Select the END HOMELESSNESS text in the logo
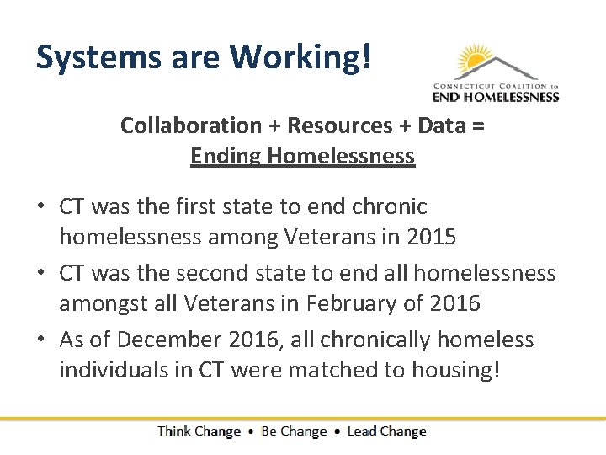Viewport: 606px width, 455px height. (496, 97)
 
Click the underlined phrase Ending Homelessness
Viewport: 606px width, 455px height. (302, 156)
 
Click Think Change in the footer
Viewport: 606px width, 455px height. (199, 431)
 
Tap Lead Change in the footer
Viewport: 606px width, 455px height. (387, 431)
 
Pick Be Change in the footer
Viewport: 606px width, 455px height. (294, 431)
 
